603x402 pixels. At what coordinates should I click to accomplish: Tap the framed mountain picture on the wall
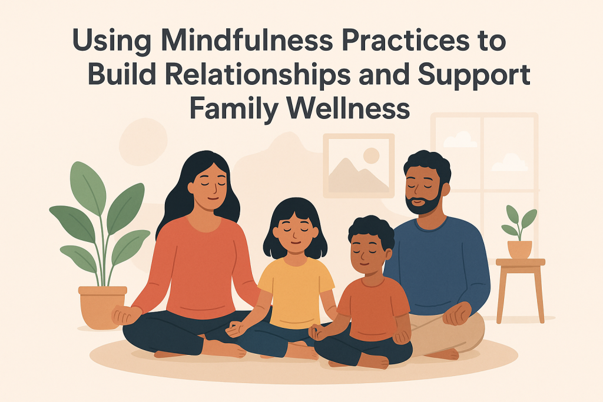click(x=359, y=167)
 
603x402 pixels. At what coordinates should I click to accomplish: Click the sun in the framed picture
click(x=371, y=155)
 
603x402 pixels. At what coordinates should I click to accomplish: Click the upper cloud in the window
click(x=460, y=139)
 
